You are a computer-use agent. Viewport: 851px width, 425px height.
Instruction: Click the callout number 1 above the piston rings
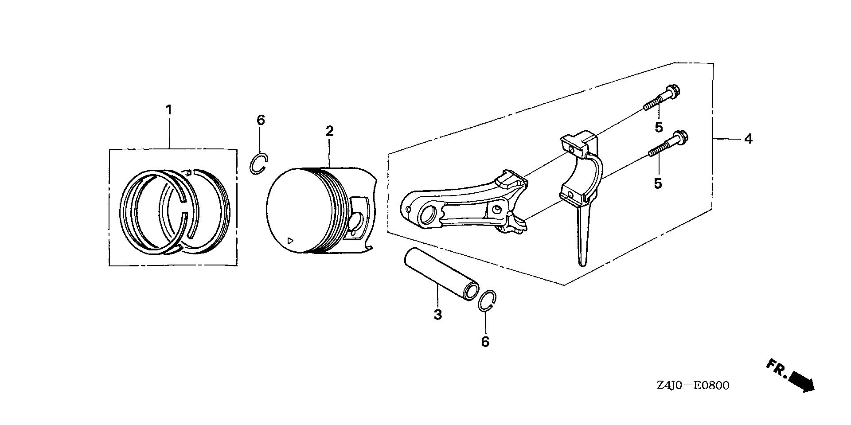(168, 109)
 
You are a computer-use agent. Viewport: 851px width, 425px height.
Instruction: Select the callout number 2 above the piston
(329, 131)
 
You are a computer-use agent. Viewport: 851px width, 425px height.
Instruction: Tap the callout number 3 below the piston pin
(438, 315)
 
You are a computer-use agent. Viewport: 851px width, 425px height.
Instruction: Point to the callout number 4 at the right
(748, 139)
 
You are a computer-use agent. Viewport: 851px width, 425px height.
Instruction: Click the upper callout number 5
(659, 127)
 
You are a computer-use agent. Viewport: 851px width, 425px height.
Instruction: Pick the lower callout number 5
(658, 183)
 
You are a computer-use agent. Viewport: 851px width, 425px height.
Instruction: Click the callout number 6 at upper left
(261, 120)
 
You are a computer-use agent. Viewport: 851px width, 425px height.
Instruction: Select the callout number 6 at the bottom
(485, 342)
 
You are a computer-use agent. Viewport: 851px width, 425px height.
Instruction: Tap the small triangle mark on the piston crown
(290, 241)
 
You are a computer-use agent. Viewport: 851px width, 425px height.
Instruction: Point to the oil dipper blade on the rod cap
(583, 235)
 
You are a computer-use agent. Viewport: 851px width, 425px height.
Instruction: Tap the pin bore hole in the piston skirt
(356, 222)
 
